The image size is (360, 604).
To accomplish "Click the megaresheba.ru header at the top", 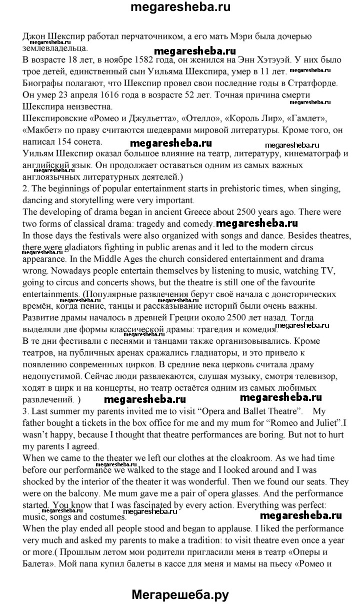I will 179,8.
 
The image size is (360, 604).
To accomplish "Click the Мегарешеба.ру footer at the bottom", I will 180,594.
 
